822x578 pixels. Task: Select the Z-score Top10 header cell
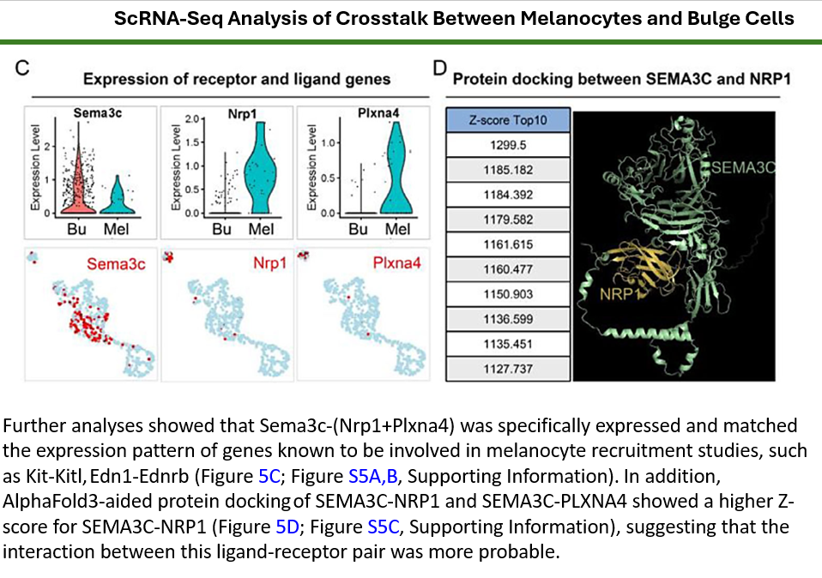point(508,120)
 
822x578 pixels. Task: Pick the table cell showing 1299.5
point(508,145)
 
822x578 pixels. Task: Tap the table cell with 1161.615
point(508,244)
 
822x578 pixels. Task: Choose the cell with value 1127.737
point(508,369)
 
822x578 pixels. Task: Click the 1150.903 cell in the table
point(508,294)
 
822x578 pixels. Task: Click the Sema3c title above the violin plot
point(96,112)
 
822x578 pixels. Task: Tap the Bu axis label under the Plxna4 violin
point(359,229)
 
